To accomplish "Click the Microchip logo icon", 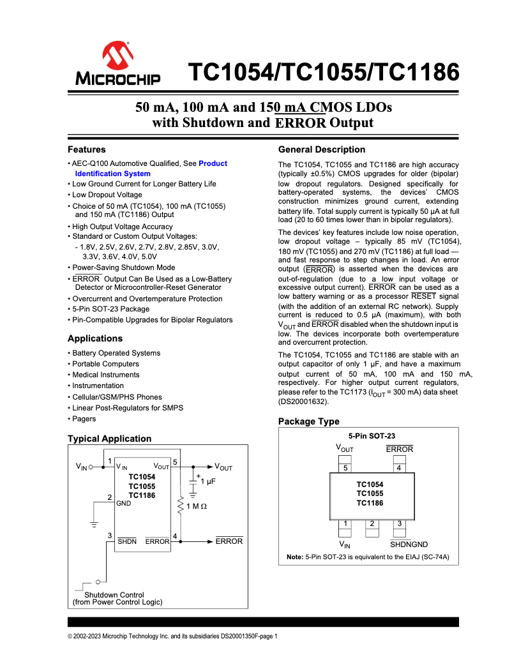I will point(117,57).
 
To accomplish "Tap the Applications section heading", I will point(94,338).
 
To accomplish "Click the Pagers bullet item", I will point(84,419).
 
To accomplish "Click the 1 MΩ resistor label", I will point(197,506).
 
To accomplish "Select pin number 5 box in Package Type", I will point(345,467).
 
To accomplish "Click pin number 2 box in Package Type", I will point(372,524).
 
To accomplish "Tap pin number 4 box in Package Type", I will point(399,467).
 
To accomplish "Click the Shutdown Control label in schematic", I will point(119,594).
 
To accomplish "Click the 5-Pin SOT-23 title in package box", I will point(372,435).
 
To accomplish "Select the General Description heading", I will point(322,149).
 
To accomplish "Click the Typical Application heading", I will point(109,439).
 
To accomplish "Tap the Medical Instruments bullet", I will point(105,375).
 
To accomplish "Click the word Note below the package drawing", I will point(294,557).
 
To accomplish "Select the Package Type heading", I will point(308,421).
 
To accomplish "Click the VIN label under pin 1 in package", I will point(345,545).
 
